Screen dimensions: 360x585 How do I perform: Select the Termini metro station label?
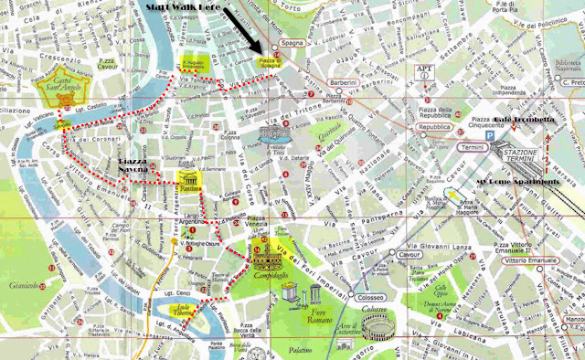point(473,147)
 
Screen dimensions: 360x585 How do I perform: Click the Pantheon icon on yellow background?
point(187,177)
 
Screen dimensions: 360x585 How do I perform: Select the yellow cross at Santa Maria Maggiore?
point(451,194)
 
